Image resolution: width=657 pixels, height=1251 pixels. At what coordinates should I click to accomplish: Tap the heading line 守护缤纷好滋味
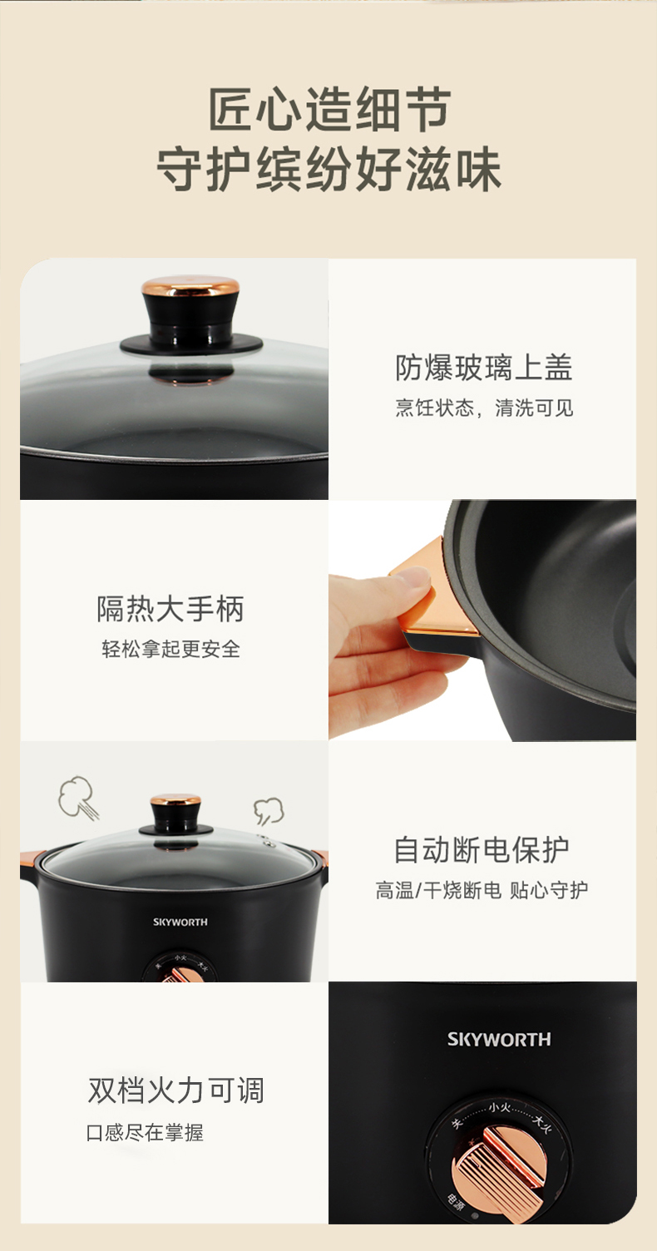(x=328, y=169)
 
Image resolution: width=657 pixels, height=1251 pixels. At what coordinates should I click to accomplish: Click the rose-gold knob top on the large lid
(x=190, y=286)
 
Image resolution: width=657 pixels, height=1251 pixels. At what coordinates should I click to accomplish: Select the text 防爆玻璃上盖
(x=483, y=367)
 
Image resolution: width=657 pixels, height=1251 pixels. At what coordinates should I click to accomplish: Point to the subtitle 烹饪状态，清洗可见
(x=484, y=408)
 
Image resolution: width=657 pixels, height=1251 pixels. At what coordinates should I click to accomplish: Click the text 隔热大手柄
(x=170, y=608)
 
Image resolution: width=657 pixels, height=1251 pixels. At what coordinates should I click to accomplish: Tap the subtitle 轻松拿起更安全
(x=170, y=649)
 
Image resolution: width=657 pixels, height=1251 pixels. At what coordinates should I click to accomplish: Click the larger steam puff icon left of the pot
(x=78, y=797)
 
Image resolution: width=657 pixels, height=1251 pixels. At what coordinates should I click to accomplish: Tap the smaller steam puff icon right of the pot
(x=269, y=811)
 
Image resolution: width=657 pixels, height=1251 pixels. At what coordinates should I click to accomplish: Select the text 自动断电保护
(x=482, y=849)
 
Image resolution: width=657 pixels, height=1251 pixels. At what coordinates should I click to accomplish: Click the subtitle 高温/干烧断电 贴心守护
(x=482, y=890)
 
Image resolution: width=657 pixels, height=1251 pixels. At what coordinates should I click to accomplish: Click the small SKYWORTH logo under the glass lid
(x=180, y=922)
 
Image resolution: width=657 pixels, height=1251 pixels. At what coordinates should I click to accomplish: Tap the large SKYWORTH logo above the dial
(x=499, y=1039)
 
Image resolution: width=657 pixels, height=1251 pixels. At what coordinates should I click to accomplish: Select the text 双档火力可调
(x=175, y=1090)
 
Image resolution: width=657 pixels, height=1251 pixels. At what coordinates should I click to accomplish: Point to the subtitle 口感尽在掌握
(x=146, y=1133)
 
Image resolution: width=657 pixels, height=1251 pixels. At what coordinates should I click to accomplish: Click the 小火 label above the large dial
(x=500, y=1106)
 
